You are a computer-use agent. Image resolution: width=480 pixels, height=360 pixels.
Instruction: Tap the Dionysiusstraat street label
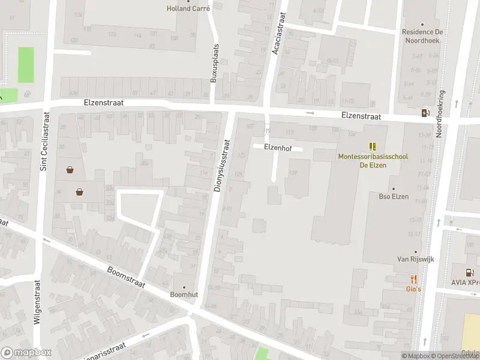click(x=221, y=166)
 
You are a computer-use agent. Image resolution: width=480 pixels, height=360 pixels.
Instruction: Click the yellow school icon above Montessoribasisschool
click(x=373, y=146)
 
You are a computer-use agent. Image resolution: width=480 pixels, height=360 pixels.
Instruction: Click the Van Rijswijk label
click(x=415, y=259)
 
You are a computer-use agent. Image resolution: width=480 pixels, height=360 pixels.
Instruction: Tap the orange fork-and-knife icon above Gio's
click(x=413, y=279)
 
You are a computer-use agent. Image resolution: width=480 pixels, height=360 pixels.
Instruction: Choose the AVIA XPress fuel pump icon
click(x=470, y=273)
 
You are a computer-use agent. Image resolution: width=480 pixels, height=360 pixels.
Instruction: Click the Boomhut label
click(x=184, y=294)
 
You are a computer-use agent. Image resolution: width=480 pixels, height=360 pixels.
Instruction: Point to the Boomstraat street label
click(x=127, y=278)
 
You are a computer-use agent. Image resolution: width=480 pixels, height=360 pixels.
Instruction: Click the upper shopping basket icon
click(x=70, y=170)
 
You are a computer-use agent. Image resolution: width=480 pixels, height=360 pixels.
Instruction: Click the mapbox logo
click(x=26, y=353)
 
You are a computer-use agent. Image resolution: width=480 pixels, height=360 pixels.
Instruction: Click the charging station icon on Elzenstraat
click(x=425, y=113)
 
